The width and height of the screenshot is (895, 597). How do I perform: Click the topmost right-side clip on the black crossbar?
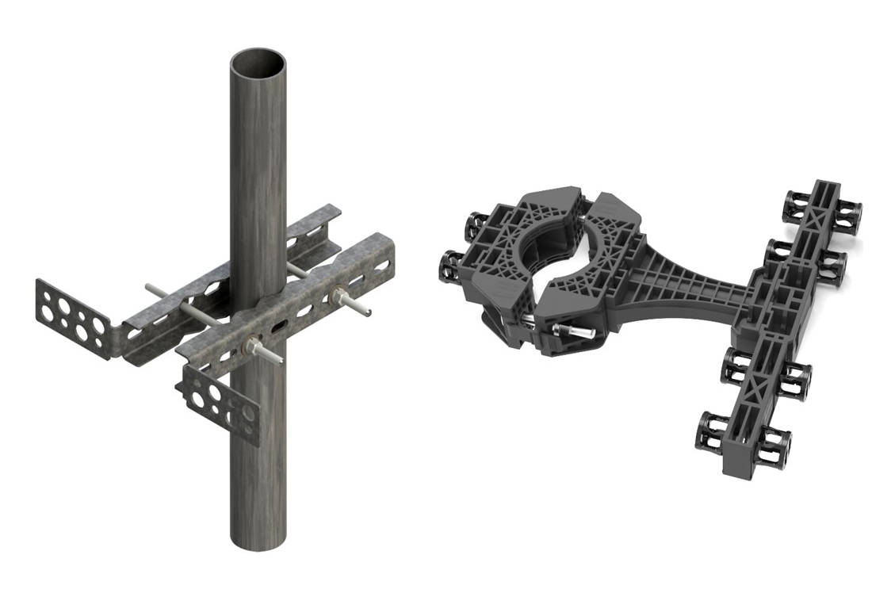(848, 212)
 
